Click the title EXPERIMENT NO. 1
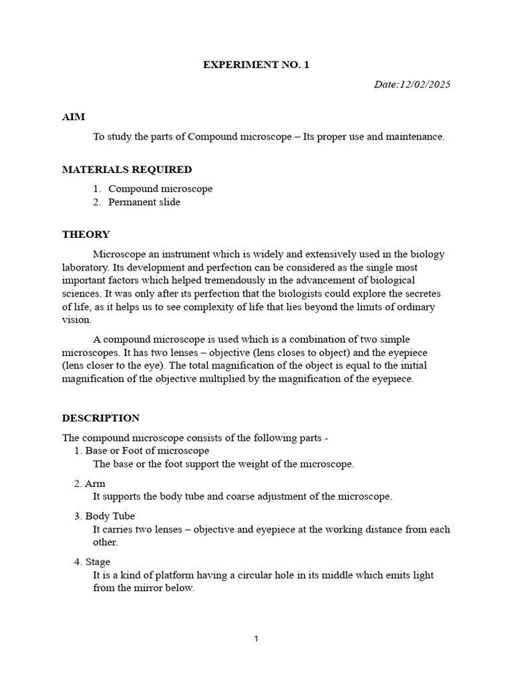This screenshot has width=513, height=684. click(256, 65)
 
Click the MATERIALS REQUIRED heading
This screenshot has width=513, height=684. click(127, 170)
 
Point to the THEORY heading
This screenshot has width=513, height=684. click(85, 234)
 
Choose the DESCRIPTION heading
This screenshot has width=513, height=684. click(101, 418)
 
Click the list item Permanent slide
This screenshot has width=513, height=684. click(144, 202)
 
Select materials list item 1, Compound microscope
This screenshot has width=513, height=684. click(160, 188)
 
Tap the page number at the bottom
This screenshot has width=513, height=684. click(256, 639)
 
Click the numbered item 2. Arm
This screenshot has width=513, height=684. click(90, 484)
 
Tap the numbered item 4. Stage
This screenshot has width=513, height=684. click(92, 562)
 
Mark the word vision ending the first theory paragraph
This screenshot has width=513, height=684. click(75, 320)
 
